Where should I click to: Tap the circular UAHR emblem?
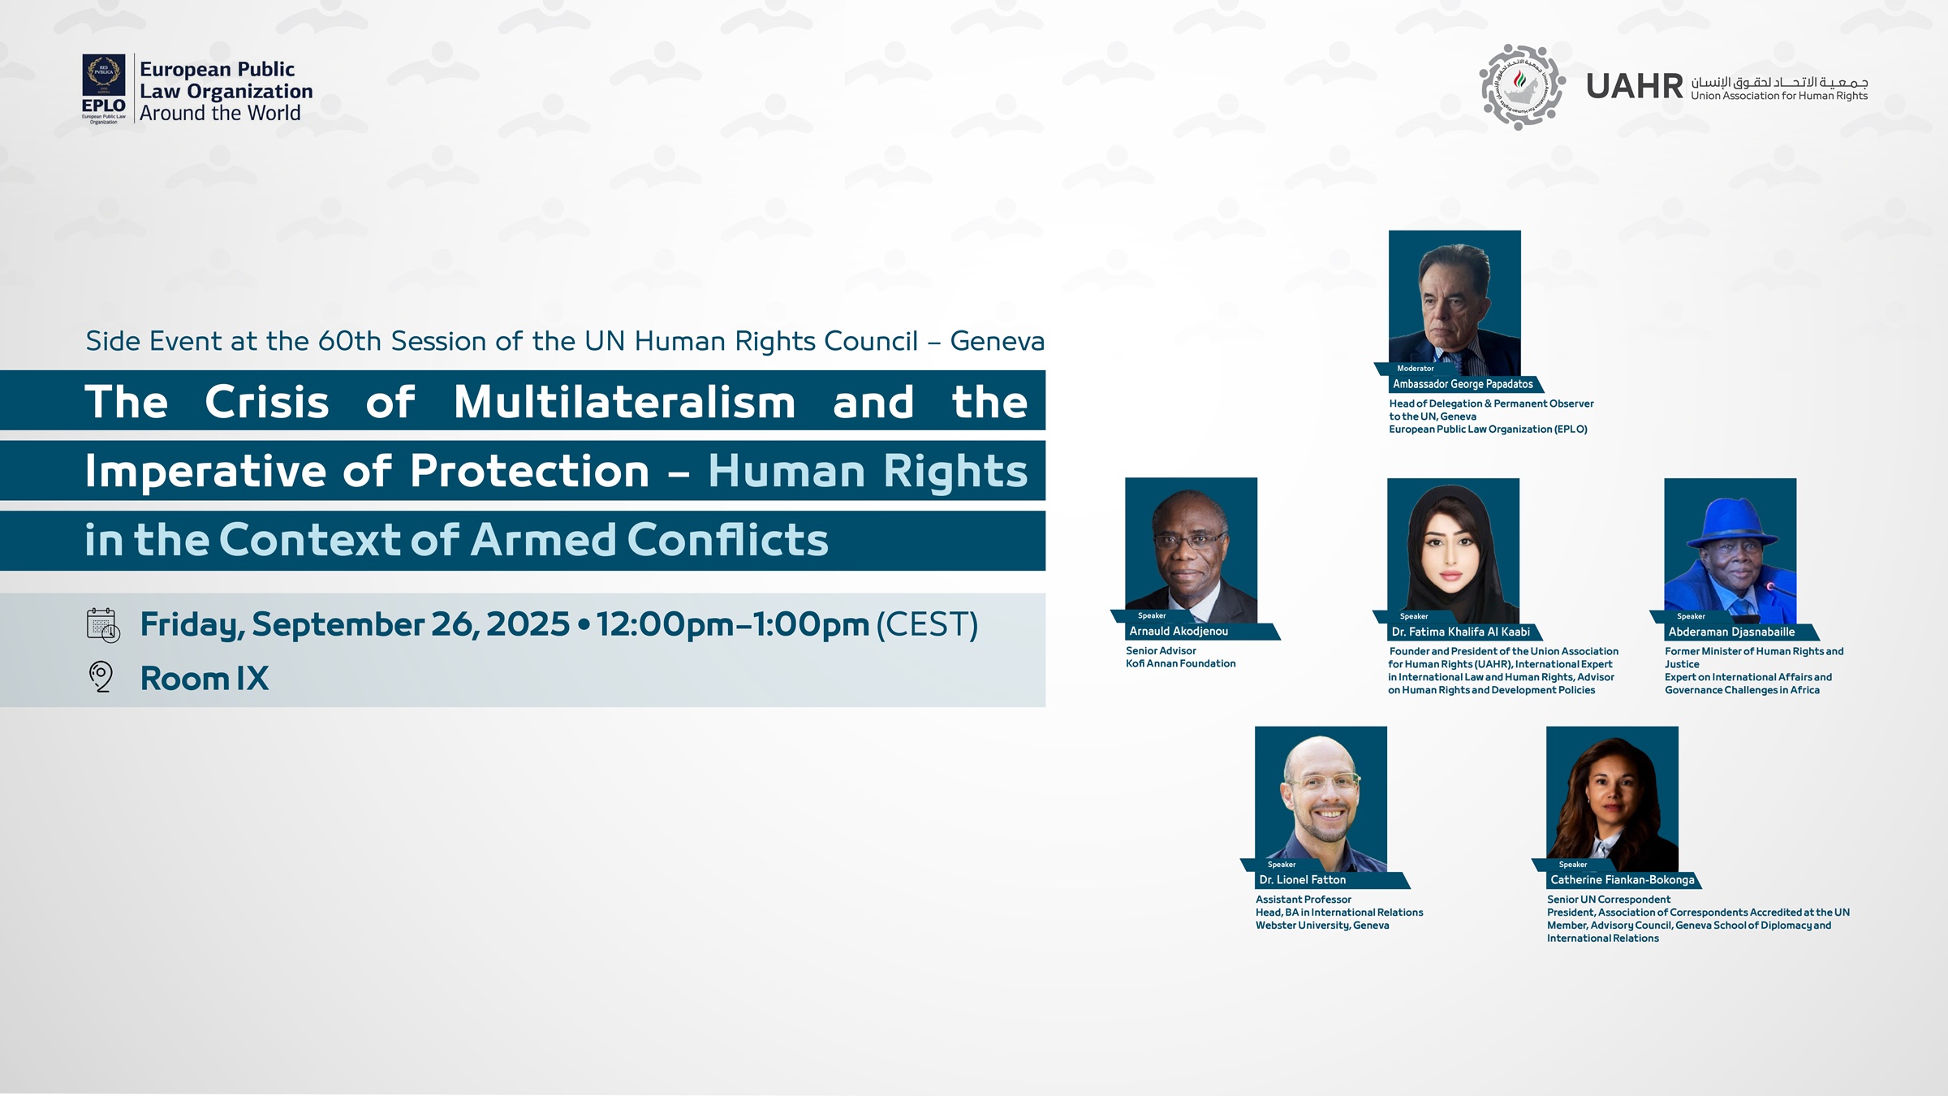pyautogui.click(x=1522, y=87)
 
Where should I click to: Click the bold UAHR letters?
pyautogui.click(x=1635, y=86)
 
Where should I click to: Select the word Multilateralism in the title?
pyautogui.click(x=624, y=402)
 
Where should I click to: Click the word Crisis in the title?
pyautogui.click(x=267, y=402)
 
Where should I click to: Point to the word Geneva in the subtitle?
pyautogui.click(x=997, y=341)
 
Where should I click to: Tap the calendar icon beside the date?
pyautogui.click(x=103, y=625)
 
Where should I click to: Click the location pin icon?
pyautogui.click(x=101, y=676)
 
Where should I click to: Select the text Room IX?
pyautogui.click(x=205, y=679)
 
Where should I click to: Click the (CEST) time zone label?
pyautogui.click(x=927, y=624)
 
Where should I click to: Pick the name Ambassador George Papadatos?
pyautogui.click(x=1463, y=384)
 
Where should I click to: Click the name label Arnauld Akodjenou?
pyautogui.click(x=1179, y=631)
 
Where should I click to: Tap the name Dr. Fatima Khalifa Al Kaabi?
pyautogui.click(x=1460, y=632)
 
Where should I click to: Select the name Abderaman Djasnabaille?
pyautogui.click(x=1731, y=632)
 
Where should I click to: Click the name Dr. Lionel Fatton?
pyautogui.click(x=1302, y=880)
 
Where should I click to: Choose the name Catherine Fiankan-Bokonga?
pyautogui.click(x=1622, y=880)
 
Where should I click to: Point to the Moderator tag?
pyautogui.click(x=1416, y=369)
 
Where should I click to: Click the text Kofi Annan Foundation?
pyautogui.click(x=1180, y=663)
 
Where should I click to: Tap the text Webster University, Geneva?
pyautogui.click(x=1322, y=926)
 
